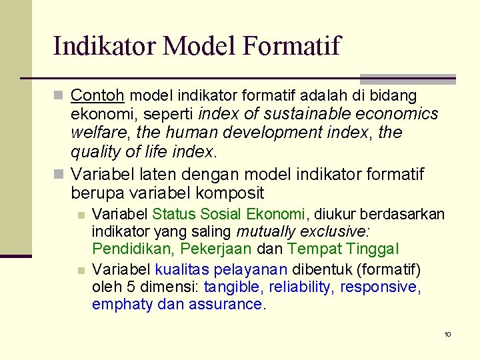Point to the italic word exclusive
(x=339, y=231)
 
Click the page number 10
(x=448, y=334)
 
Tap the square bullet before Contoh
(x=59, y=97)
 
